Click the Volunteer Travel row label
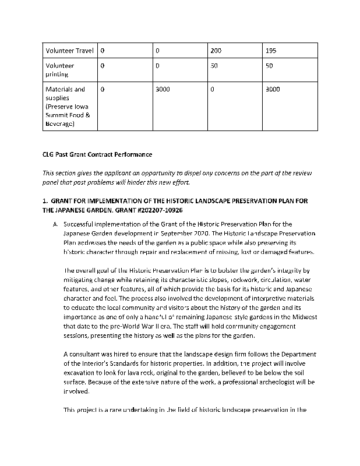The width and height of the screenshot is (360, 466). pyautogui.click(x=69, y=51)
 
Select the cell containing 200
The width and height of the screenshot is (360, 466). pyautogui.click(x=216, y=51)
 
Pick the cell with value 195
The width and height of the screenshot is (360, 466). pyautogui.click(x=271, y=51)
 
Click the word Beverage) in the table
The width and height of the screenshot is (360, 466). pyautogui.click(x=60, y=123)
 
